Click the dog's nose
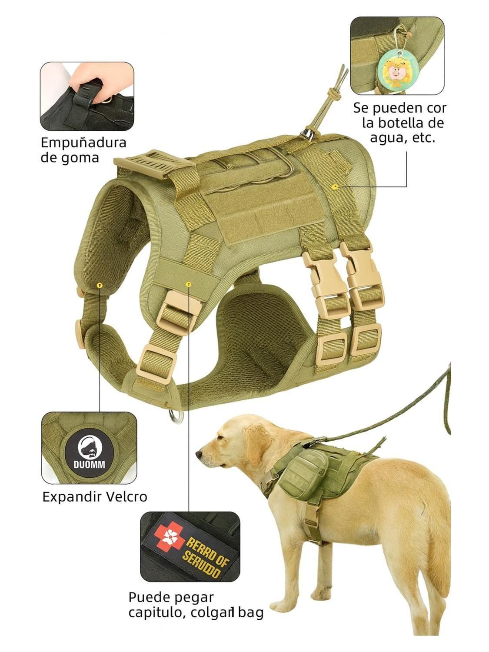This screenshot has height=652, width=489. click(199, 455)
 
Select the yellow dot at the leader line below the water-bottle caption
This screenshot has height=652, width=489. click(335, 186)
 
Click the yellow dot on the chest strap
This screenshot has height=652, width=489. click(188, 284)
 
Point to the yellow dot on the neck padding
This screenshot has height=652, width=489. click(100, 286)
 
